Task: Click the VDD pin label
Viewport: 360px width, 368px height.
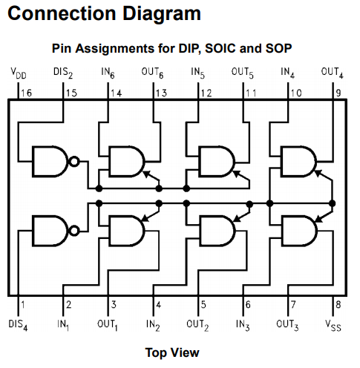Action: [19, 73]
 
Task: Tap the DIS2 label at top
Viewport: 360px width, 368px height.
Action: [63, 73]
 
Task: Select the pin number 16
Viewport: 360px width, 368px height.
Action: [26, 93]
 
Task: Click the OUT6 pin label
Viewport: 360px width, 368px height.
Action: [152, 73]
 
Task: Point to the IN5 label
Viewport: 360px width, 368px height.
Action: [197, 73]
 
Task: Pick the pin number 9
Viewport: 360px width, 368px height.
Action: [338, 93]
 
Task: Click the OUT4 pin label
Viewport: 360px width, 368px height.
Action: [332, 73]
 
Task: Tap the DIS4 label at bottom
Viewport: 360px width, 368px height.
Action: [18, 325]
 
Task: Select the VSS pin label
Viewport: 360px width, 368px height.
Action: [333, 325]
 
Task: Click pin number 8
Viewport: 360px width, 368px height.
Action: [338, 304]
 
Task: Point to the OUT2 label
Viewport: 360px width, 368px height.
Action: [197, 325]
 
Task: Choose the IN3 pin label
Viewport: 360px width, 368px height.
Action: [243, 325]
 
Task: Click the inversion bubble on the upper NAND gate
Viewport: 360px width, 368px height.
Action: [74, 162]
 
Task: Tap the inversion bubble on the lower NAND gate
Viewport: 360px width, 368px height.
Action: [74, 231]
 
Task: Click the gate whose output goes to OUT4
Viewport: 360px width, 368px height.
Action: [298, 162]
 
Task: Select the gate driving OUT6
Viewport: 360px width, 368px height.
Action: [126, 162]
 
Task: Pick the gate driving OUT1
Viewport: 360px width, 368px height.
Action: [126, 231]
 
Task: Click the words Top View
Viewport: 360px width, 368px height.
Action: [172, 352]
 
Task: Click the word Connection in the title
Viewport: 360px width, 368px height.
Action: [62, 13]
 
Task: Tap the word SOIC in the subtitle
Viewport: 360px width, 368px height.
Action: [220, 48]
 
